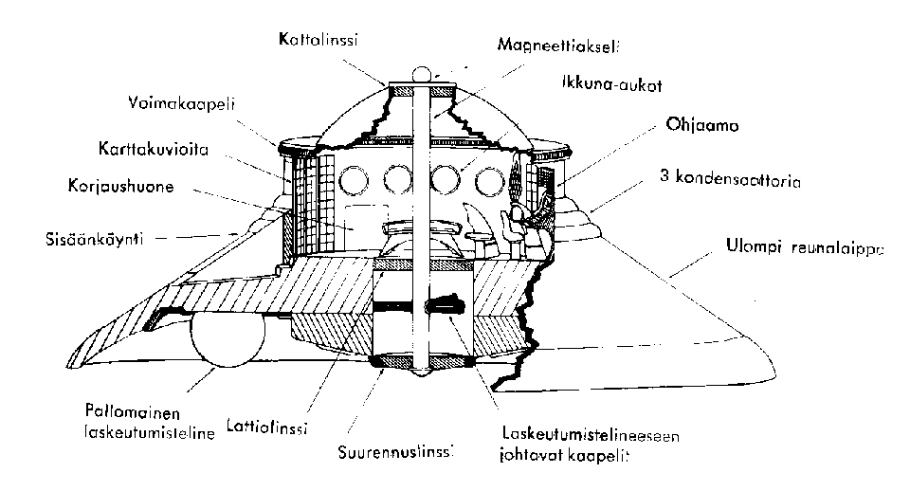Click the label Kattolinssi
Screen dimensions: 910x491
(318, 39)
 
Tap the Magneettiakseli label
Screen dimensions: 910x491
(558, 45)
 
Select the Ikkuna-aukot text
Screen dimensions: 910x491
(611, 83)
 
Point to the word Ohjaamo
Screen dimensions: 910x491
(702, 125)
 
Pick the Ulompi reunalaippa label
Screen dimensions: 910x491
(805, 247)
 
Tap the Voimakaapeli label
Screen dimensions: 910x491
(182, 104)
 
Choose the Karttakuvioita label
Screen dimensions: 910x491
(154, 149)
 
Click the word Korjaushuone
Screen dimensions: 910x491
(120, 187)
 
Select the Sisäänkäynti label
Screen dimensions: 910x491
(95, 238)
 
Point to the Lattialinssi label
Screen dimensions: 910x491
(267, 427)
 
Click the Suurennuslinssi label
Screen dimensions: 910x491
(395, 451)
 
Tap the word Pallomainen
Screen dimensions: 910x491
(133, 412)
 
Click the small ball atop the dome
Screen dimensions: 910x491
(422, 75)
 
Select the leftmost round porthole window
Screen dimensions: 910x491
(353, 180)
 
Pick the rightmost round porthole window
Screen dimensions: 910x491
(489, 181)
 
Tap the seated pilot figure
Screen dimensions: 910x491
(531, 219)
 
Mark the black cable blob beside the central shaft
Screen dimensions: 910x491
(446, 304)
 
